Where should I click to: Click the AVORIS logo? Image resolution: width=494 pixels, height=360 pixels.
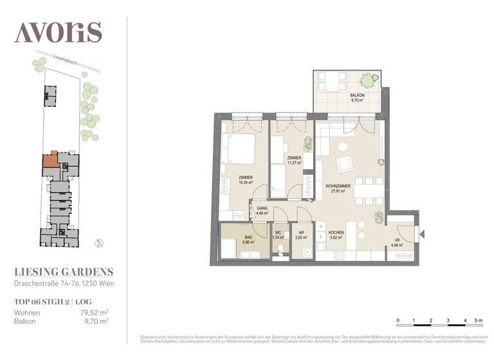(58, 32)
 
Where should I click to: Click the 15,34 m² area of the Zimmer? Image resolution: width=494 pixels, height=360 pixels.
(245, 183)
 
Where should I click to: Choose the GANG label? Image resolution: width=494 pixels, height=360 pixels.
(262, 209)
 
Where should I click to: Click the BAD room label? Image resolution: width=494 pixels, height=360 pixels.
(249, 237)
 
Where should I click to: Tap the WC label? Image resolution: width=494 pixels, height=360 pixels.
(279, 233)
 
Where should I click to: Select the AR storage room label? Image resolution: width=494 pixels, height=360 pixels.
(301, 233)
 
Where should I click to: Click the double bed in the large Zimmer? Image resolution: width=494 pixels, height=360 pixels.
(237, 150)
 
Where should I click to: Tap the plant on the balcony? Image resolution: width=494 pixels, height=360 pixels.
(367, 81)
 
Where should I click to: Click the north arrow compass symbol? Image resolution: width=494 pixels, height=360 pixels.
(98, 242)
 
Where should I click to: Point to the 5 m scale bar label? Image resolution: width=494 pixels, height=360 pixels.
(478, 319)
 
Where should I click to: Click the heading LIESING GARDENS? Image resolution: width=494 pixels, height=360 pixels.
(64, 272)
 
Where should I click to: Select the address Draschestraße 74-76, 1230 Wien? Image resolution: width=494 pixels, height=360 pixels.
(64, 283)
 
